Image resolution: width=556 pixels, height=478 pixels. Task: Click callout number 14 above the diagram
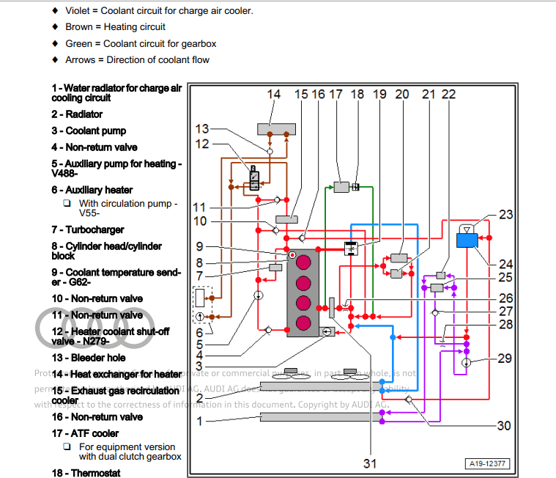click(273, 95)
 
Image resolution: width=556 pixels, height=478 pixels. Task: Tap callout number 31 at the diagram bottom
click(371, 463)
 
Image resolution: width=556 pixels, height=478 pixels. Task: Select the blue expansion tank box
click(467, 240)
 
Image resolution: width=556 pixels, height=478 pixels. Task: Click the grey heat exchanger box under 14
click(277, 129)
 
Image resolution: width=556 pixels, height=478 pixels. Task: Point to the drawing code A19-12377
click(489, 463)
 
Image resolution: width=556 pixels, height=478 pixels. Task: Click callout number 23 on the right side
click(506, 215)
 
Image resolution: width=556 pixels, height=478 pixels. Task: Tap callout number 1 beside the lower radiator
click(200, 422)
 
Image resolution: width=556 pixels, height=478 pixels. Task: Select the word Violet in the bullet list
click(79, 11)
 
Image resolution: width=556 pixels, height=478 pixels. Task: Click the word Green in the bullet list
click(79, 43)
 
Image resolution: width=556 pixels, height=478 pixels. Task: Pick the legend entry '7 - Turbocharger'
click(87, 230)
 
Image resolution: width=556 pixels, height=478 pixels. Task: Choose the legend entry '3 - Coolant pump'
click(89, 130)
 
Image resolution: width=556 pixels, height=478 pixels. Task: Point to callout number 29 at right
click(505, 358)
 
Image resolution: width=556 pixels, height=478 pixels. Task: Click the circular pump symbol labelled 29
click(466, 362)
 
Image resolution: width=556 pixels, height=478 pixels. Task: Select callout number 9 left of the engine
click(200, 247)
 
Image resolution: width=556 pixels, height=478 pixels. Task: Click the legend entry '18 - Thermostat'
click(85, 473)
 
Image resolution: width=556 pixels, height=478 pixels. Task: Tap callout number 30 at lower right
click(504, 425)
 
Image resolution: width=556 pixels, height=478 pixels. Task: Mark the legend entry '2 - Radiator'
click(77, 114)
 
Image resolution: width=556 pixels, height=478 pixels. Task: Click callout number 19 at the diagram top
click(379, 95)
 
